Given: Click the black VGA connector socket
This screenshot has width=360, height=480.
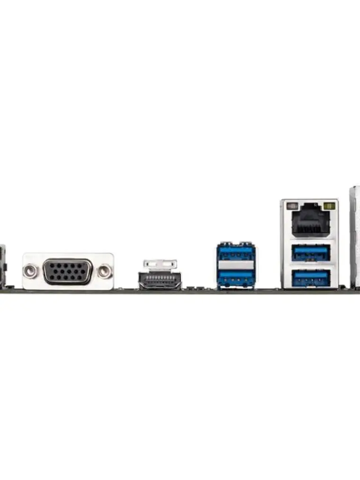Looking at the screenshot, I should click(68, 272).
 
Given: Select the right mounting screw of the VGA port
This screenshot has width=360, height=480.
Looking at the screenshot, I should click(105, 271).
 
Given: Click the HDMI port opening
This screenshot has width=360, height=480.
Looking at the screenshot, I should click(160, 280).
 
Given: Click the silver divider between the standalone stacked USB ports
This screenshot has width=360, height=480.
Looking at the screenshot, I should click(235, 266).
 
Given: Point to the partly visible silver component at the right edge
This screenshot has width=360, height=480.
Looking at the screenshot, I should click(355, 237).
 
